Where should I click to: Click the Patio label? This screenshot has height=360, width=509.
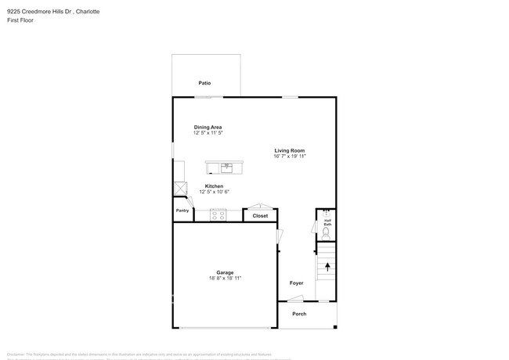pos(204,83)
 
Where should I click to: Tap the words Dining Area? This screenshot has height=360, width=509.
pos(208,127)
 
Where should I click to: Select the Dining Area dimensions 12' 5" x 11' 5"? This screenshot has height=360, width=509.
pos(208,133)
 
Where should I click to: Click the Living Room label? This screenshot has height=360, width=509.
pos(289,150)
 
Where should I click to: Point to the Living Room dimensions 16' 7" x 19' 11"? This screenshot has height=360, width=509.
pos(289,157)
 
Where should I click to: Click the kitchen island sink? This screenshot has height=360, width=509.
pos(227,167)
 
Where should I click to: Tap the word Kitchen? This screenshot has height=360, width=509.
pos(214,186)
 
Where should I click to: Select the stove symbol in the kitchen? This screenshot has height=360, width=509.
pos(218,214)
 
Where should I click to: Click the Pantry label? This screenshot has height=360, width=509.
pos(182,211)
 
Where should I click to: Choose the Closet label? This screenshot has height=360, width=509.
pos(260,216)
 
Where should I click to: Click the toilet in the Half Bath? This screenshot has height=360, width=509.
pos(326,232)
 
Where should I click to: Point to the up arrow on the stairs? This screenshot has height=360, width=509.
pos(327,268)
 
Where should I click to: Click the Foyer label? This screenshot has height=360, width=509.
pos(296,283)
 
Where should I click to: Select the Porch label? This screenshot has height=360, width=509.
pos(299,314)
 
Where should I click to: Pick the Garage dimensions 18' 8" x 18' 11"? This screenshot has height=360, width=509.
pos(225,279)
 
